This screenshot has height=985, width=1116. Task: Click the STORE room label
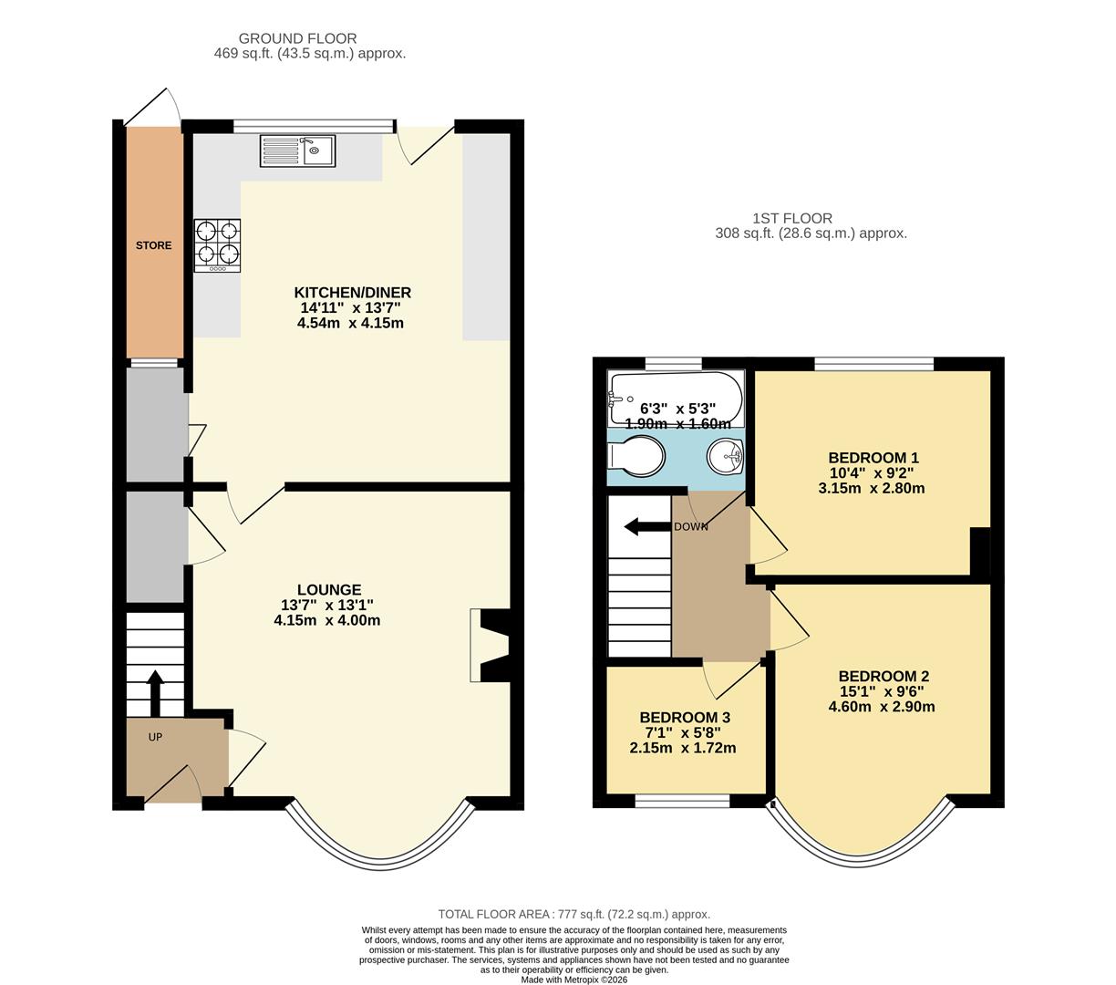153,245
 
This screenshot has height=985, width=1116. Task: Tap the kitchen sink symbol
298,150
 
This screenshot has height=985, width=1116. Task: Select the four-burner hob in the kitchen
218,244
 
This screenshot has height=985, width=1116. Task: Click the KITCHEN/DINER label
352,293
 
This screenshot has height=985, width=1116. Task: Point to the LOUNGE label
328,590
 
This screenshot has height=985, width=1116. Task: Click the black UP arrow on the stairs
155,692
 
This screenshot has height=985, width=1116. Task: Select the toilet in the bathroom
638,455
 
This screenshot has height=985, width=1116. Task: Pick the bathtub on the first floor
676,399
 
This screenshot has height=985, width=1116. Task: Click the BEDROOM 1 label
873,458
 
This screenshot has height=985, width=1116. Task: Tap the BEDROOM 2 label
883,677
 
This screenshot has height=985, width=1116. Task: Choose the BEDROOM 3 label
684,718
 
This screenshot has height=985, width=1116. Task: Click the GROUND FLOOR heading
297,38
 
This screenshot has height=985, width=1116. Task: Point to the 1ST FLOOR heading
791,218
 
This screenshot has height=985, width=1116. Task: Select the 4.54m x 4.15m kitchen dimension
350,323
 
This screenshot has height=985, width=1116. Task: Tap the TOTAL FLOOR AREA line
573,914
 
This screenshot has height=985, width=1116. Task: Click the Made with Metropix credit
574,980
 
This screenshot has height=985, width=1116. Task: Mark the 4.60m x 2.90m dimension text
881,707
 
